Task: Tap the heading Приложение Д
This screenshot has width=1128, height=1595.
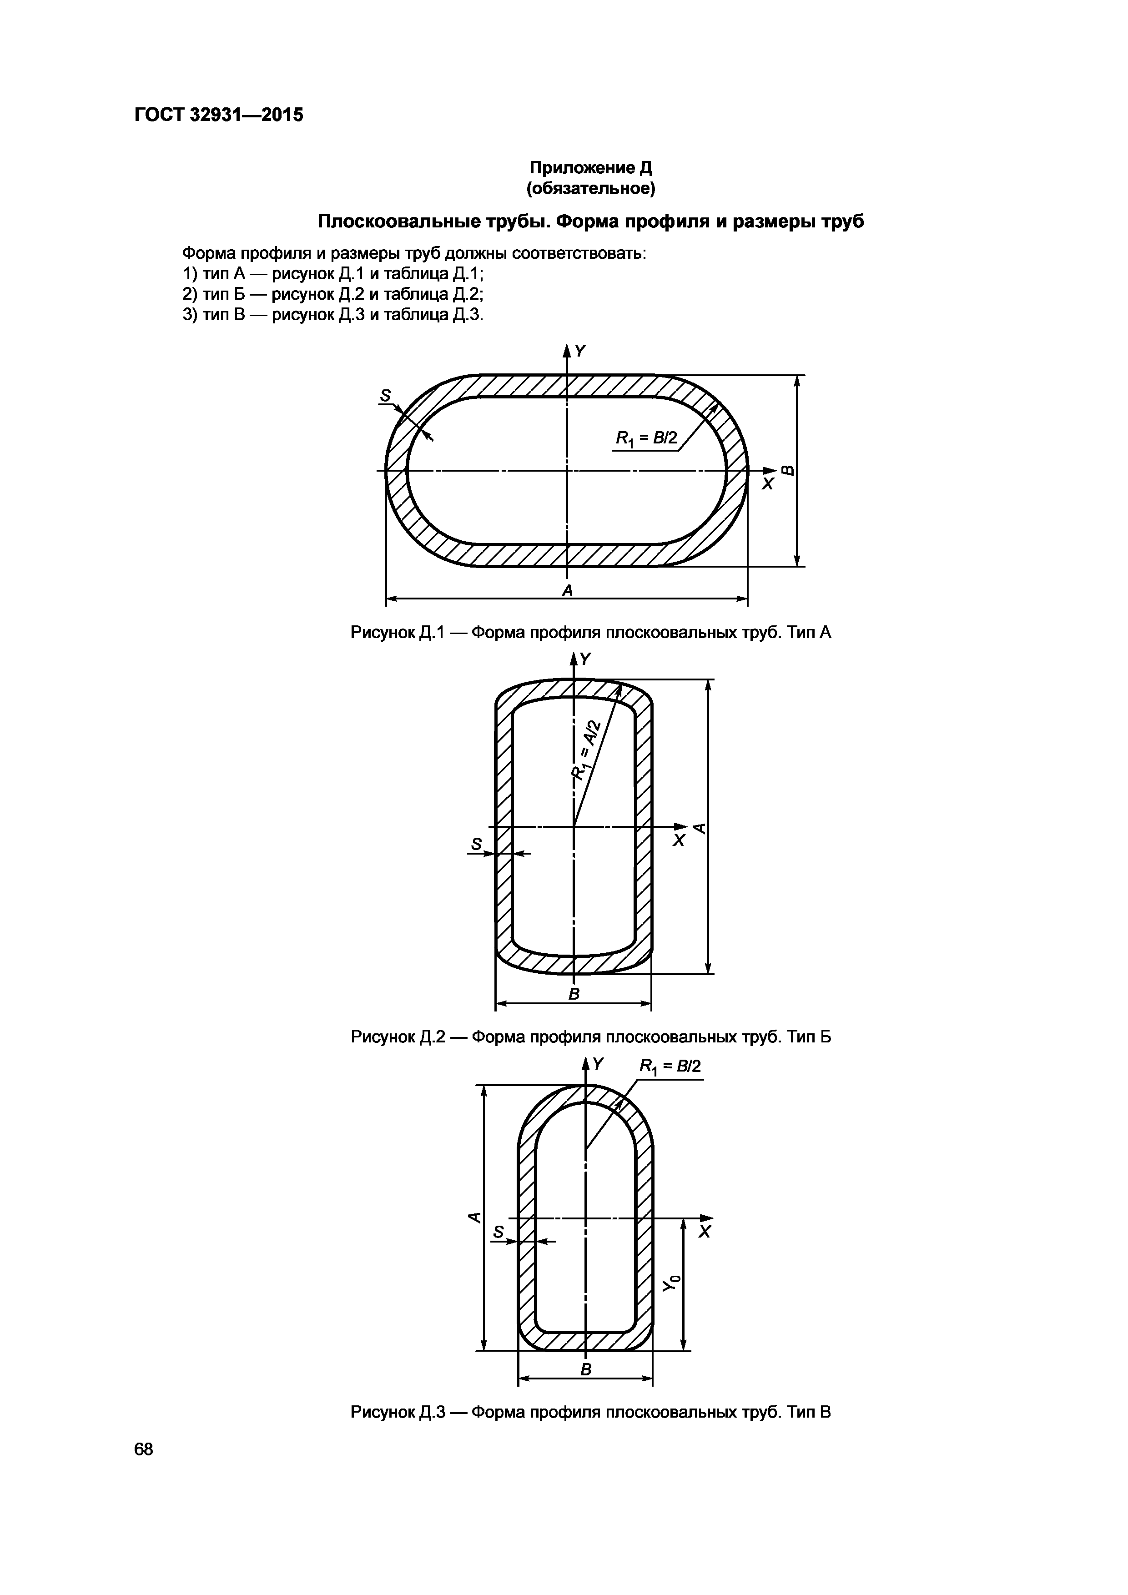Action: coord(591,168)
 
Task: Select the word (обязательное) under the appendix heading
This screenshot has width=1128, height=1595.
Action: coord(591,189)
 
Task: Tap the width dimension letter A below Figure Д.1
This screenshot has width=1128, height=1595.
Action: coord(568,590)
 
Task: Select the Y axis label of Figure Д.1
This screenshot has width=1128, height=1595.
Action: coord(581,352)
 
